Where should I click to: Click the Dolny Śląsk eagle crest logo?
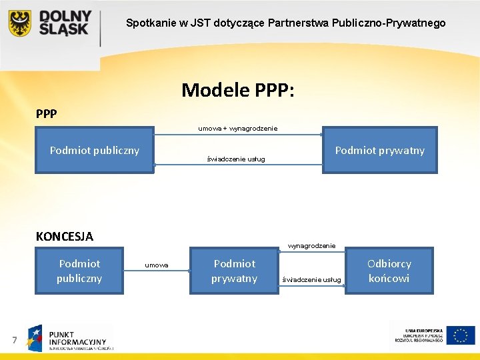(19, 23)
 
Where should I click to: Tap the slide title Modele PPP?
(237, 89)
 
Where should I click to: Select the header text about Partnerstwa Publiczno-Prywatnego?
(286, 23)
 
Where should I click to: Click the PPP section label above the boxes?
(47, 113)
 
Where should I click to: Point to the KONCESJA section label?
(64, 236)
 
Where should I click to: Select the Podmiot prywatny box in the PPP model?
(379, 151)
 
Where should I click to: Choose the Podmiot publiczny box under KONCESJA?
(79, 271)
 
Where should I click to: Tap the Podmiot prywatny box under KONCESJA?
(234, 271)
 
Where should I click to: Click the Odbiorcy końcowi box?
(389, 271)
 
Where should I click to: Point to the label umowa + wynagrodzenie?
(238, 128)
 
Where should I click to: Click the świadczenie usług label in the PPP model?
(235, 159)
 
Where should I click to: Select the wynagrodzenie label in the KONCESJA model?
(311, 246)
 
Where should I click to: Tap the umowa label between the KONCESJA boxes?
(157, 265)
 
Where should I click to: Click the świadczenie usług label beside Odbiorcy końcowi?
(312, 279)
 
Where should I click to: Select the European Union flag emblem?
(461, 335)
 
